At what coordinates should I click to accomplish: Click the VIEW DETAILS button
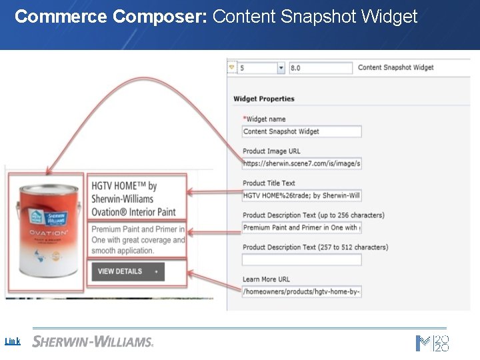pos(128,271)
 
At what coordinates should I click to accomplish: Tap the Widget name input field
pos(302,131)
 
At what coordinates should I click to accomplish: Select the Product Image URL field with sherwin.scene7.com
pos(302,163)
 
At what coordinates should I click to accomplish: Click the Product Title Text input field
pos(302,195)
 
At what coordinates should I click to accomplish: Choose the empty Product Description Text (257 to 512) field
pos(302,259)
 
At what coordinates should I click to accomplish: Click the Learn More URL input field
pos(302,291)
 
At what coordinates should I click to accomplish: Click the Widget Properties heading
pos(264,99)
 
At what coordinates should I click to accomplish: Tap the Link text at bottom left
pos(13,341)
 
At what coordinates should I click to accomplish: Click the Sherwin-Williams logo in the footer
pos(93,341)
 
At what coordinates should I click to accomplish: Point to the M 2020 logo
pos(433,343)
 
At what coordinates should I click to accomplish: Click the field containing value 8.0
pos(320,68)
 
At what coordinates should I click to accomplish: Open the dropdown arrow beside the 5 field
pos(281,68)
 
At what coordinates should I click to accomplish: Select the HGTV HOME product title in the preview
pos(133,199)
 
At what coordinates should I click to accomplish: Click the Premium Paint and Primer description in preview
pos(138,240)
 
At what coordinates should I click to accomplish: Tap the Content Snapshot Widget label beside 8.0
pos(395,67)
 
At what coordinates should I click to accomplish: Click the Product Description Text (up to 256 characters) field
pos(302,227)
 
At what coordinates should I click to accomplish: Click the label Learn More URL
pos(266,279)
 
